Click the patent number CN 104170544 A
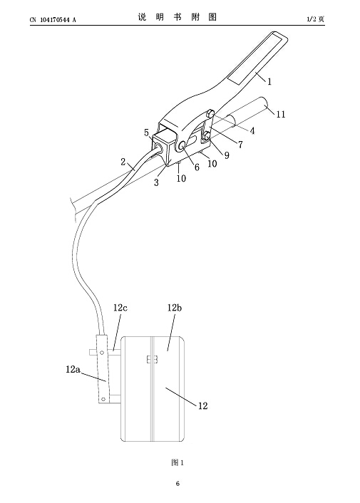coord(53,20)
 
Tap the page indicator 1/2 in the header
coord(312,19)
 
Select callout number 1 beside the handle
coord(269,81)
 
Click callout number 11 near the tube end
coord(281,114)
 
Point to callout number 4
coord(252,131)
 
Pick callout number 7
coord(240,145)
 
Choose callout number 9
coord(227,155)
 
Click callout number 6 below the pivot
coord(197,167)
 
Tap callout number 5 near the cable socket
coord(147,133)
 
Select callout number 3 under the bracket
coord(156,182)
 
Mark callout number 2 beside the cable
coord(123,162)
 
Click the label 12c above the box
coord(120,308)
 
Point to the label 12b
coord(175,308)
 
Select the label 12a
coord(73,369)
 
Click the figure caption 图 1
coord(178,462)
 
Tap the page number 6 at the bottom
coord(178,484)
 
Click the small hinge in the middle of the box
coord(152,359)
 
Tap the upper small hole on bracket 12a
coord(102,353)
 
